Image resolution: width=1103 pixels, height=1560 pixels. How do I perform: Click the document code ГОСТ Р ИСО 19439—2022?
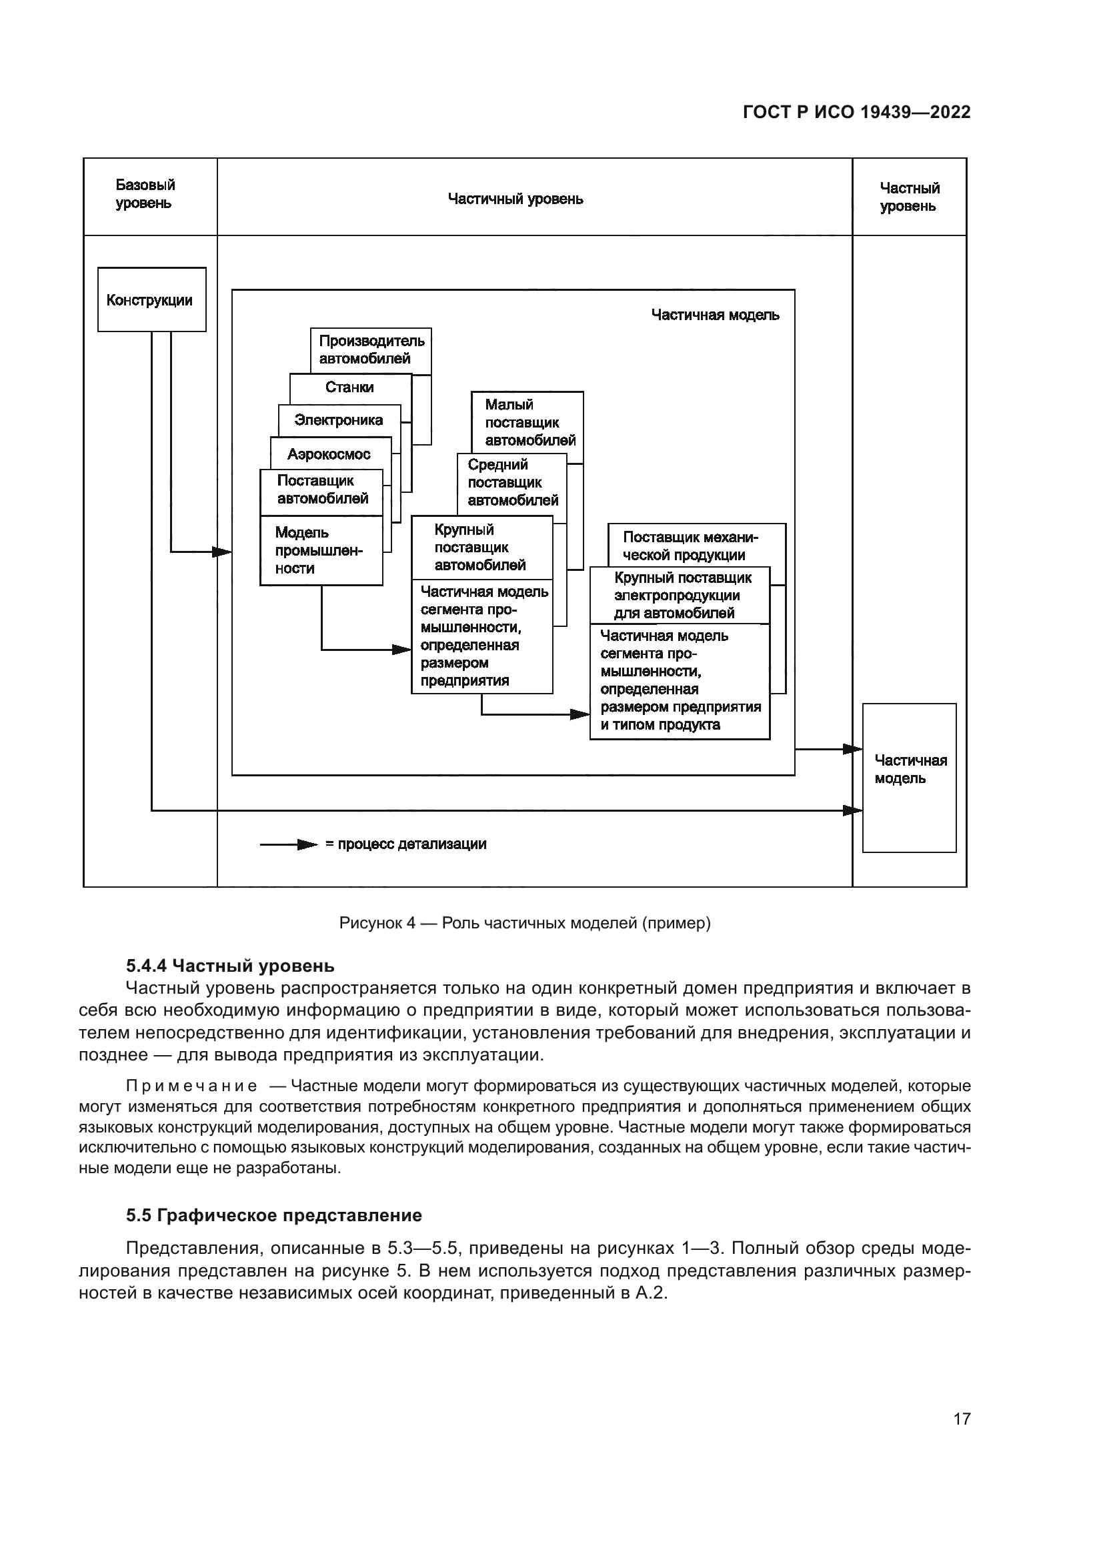[856, 112]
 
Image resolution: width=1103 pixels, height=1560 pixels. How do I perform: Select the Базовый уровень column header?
[145, 194]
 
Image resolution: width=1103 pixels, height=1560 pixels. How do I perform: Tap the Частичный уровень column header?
[515, 199]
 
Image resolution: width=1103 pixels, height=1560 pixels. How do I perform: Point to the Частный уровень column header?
[909, 197]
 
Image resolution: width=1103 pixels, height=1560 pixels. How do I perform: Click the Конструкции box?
[151, 299]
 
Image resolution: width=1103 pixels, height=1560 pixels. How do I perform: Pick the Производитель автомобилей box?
[371, 350]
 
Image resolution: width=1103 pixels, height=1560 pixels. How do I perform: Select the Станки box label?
[349, 387]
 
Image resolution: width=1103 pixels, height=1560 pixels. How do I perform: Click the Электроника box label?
[338, 421]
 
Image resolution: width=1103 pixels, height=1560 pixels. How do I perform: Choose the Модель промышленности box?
[320, 550]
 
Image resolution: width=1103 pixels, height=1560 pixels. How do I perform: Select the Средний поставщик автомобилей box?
[512, 482]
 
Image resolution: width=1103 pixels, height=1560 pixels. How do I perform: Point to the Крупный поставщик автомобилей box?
[480, 547]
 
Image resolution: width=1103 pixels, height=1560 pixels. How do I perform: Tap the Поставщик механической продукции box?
[690, 546]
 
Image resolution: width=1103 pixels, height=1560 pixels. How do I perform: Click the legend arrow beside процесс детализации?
[289, 844]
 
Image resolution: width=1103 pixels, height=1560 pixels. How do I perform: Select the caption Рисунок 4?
[524, 922]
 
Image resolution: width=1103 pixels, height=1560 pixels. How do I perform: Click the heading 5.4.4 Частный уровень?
[229, 966]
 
